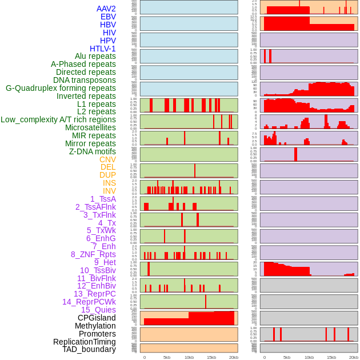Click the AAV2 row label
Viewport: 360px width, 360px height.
[106, 9]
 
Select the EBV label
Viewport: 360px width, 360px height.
[108, 17]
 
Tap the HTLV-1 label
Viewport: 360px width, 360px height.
[103, 49]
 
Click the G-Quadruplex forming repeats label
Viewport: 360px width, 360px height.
[61, 88]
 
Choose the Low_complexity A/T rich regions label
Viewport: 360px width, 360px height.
[58, 119]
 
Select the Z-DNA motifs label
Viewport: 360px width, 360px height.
[93, 151]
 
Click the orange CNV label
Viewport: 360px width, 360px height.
[107, 159]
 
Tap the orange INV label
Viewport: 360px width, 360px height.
[109, 191]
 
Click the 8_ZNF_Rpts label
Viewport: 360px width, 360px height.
[93, 254]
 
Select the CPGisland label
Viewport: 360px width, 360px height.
[97, 318]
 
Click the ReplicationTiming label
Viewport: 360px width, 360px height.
[84, 342]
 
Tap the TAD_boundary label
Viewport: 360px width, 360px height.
[89, 349]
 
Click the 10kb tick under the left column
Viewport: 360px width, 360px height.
[189, 357]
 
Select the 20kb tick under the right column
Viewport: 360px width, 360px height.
[354, 357]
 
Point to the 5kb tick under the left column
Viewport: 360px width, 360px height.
[167, 357]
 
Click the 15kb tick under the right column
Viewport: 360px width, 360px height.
[331, 357]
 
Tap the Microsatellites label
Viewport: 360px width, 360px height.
[90, 127]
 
